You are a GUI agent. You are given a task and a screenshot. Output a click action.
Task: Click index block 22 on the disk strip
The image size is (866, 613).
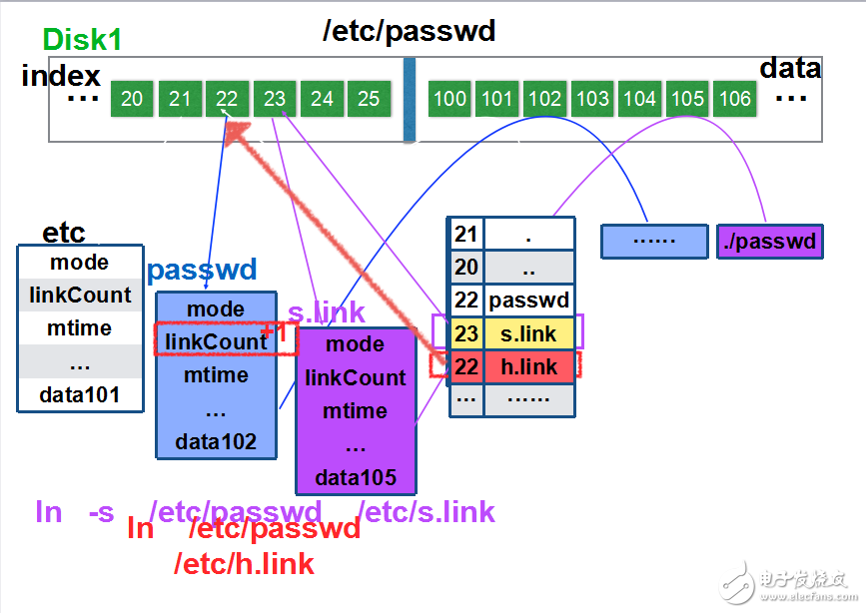[x=227, y=98]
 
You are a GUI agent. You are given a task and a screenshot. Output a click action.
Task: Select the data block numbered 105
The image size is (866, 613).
[x=687, y=98]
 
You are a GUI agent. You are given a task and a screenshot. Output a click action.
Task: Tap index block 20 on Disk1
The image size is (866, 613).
[x=132, y=98]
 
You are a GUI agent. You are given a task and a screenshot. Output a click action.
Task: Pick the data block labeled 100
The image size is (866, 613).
[x=449, y=98]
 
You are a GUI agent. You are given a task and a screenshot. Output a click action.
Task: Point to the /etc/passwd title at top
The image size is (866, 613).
[x=409, y=31]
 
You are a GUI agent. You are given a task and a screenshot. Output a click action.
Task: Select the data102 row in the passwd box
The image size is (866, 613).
[x=216, y=441]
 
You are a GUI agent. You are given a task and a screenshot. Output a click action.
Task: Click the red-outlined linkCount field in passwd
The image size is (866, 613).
[x=216, y=341]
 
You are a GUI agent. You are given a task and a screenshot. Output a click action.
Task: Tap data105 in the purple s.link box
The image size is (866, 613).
[x=355, y=477]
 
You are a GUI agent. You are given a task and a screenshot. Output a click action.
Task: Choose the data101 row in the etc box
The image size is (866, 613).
[x=80, y=394]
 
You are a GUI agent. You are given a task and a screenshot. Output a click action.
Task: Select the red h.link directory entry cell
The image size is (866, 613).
[x=529, y=366]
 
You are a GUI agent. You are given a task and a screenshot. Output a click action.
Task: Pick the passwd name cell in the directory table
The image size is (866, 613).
[x=529, y=300]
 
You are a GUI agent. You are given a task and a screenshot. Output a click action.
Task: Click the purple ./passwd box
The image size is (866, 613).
[x=769, y=242]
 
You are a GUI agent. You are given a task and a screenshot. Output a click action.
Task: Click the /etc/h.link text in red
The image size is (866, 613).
[x=244, y=564]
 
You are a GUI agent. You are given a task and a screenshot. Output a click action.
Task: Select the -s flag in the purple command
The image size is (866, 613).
[x=101, y=512]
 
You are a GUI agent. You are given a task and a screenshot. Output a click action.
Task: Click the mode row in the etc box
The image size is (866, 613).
[x=80, y=263]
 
